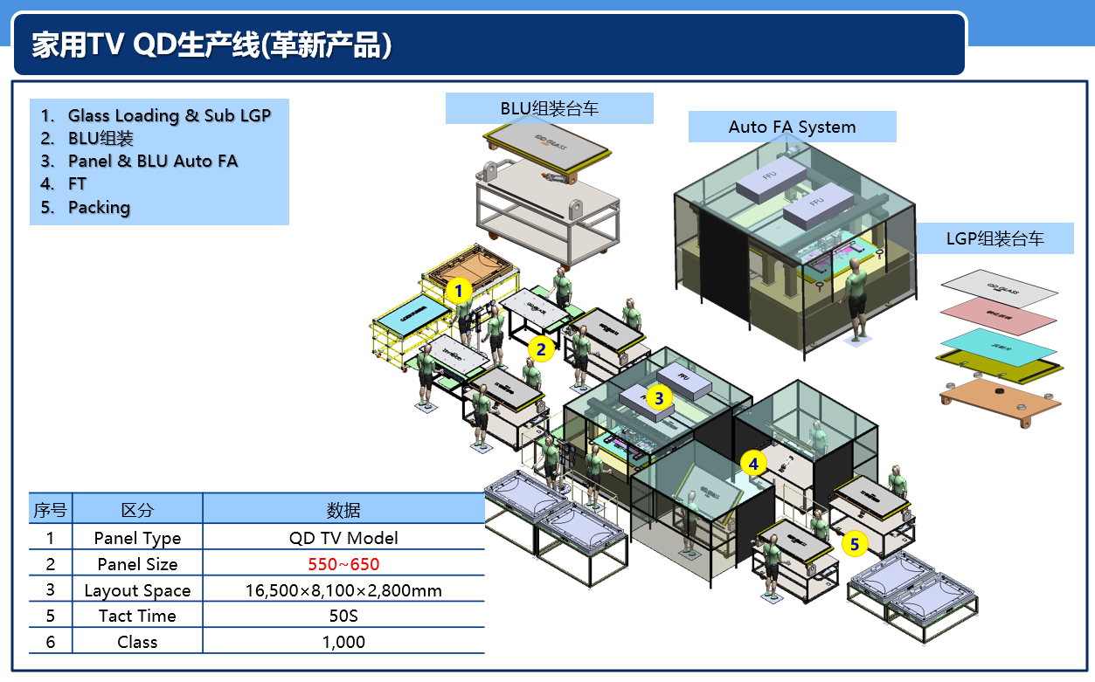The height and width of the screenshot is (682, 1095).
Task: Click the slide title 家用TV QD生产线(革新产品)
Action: point(211,45)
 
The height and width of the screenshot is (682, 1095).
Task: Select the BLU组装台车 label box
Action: point(549,108)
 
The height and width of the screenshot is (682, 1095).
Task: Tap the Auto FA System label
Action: point(792,127)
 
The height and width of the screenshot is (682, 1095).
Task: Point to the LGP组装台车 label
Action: point(995,238)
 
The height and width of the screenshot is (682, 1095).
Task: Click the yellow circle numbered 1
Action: point(459,290)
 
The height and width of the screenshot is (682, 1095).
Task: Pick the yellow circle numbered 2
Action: point(541,350)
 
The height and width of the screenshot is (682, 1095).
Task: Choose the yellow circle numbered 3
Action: point(659,398)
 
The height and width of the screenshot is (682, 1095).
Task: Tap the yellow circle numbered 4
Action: point(753,463)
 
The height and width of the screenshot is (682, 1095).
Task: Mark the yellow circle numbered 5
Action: point(855,545)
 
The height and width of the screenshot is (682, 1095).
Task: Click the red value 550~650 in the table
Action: point(343,564)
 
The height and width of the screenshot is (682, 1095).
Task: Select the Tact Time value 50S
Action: point(343,616)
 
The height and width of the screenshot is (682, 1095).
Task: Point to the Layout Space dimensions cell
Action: point(343,590)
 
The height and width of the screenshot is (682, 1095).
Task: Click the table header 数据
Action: point(343,510)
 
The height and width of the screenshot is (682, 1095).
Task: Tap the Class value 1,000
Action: point(343,642)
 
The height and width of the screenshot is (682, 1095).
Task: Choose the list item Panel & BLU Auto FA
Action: point(153,161)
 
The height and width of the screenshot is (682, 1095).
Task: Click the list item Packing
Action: point(99,208)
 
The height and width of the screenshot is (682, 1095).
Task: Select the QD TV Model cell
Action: point(343,538)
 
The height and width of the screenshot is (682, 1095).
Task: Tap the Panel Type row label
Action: point(137,538)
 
